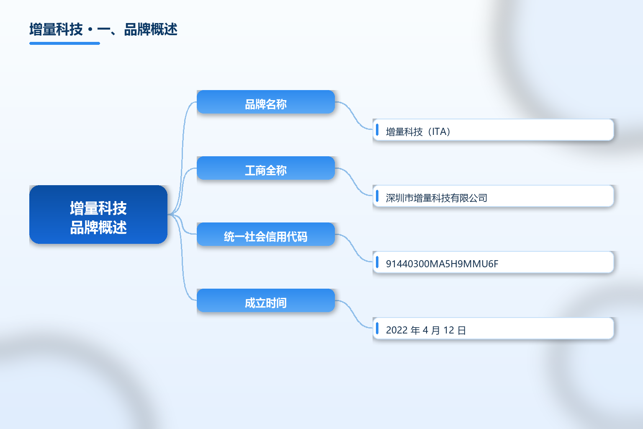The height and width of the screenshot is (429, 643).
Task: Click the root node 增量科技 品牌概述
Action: pyautogui.click(x=98, y=214)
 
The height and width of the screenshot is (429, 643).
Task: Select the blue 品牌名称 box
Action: pyautogui.click(x=266, y=102)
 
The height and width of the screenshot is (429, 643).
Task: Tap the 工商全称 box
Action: pyautogui.click(x=266, y=168)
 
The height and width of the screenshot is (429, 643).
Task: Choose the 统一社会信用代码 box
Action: pyautogui.click(x=266, y=234)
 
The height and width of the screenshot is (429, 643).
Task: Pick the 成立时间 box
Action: pyautogui.click(x=266, y=300)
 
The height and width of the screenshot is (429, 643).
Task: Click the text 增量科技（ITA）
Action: pyautogui.click(x=418, y=132)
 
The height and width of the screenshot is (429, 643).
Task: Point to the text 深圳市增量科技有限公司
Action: pyautogui.click(x=436, y=198)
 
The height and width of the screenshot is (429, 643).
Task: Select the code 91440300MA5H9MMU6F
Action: pyautogui.click(x=442, y=264)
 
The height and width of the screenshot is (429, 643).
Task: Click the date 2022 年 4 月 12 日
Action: pyautogui.click(x=426, y=330)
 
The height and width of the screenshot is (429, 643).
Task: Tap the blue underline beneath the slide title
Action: pyautogui.click(x=64, y=44)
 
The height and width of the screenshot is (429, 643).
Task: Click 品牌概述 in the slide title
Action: pyautogui.click(x=151, y=29)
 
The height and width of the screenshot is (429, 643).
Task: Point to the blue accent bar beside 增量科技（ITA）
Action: pyautogui.click(x=377, y=129)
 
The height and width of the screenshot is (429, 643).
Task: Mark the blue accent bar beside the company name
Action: pyautogui.click(x=377, y=196)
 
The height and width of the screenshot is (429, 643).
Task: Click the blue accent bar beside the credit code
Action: pyautogui.click(x=377, y=262)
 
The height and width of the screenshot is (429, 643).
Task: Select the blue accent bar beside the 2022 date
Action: pyautogui.click(x=377, y=328)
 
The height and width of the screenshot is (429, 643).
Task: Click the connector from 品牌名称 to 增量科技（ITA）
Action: pyautogui.click(x=354, y=116)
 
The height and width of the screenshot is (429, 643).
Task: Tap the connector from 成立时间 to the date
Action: pyautogui.click(x=354, y=314)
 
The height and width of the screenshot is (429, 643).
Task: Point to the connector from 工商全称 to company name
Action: pyautogui.click(x=354, y=182)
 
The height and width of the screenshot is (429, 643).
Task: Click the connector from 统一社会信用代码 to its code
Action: pyautogui.click(x=354, y=248)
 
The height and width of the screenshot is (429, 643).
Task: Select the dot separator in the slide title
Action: pyautogui.click(x=90, y=30)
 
